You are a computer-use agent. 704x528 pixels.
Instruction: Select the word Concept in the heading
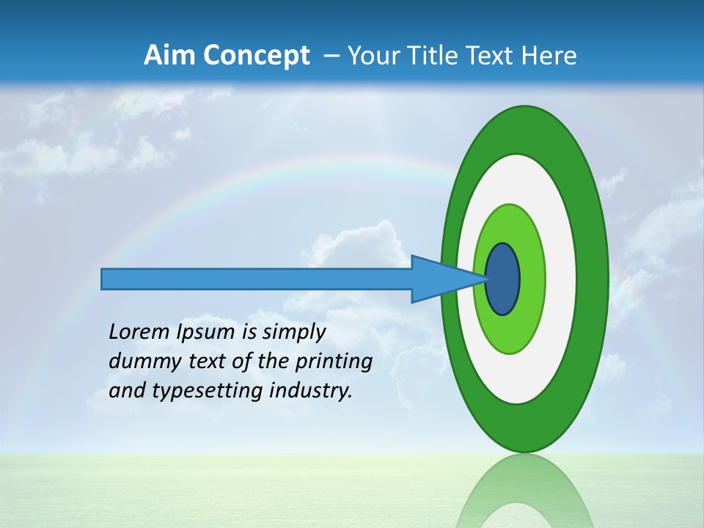(256, 56)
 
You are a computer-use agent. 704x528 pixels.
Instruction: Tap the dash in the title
(331, 56)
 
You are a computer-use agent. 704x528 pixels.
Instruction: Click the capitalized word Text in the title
(494, 56)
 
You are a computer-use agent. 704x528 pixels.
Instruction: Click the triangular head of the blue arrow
(440, 279)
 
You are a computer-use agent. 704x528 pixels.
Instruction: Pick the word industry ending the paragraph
(311, 391)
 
